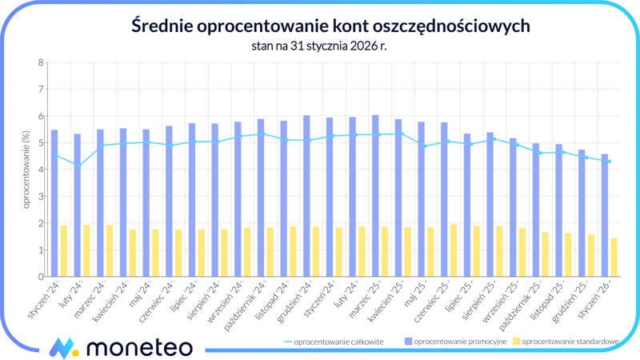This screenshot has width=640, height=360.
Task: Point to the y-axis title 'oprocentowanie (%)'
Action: point(26,170)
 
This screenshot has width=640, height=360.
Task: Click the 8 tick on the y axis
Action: point(41,62)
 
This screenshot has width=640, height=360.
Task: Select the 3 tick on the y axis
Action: point(41,197)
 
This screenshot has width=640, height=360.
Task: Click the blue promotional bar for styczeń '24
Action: point(54,204)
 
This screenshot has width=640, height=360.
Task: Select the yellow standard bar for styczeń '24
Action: point(64,251)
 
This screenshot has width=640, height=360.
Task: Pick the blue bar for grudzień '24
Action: point(306,196)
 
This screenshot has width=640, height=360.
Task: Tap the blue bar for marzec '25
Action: point(375,196)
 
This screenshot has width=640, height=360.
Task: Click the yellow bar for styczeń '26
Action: point(614,257)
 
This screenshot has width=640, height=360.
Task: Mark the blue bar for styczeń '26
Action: point(605,215)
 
